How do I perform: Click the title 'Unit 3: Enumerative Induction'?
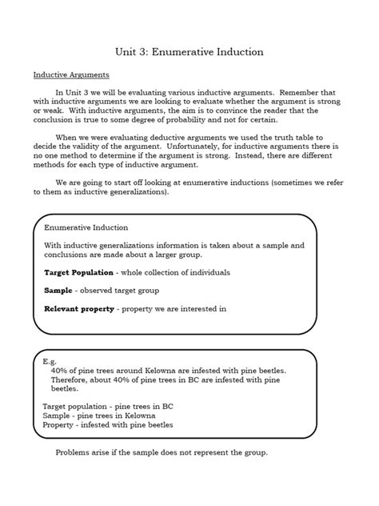[x=189, y=52]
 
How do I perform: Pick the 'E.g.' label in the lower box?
[x=50, y=361]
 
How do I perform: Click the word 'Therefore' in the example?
[x=69, y=380]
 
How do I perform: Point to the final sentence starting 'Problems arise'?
[x=162, y=452]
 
